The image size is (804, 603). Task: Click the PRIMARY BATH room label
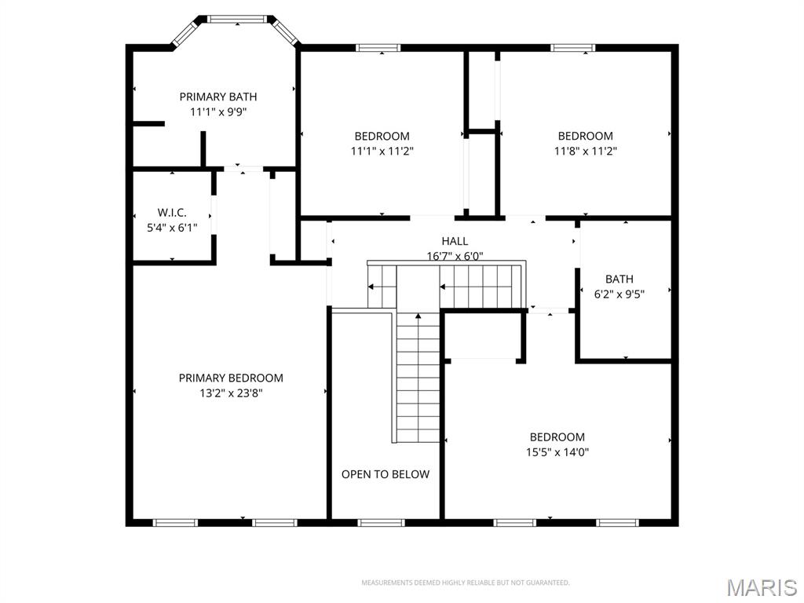[x=217, y=97]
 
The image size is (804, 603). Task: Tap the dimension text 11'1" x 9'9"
[x=217, y=111]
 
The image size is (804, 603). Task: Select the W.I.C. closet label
[x=172, y=213]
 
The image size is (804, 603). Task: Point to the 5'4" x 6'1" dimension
[x=172, y=228]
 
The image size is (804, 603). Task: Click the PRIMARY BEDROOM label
[x=231, y=378]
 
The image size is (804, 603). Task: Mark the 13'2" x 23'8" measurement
[x=231, y=393]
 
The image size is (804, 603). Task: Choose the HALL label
[x=454, y=241]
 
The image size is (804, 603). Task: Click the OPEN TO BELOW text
[x=386, y=474]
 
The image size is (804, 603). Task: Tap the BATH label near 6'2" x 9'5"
[x=619, y=279]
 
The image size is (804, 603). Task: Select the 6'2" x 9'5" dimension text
[x=619, y=294]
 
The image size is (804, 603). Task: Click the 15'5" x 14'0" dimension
[x=557, y=452]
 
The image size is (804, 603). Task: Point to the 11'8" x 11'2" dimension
[x=585, y=151]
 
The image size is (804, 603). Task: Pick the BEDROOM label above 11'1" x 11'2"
[x=382, y=136]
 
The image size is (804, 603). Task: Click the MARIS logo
[x=761, y=587]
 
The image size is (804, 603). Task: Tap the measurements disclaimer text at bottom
[x=465, y=583]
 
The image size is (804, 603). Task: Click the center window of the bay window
[x=236, y=19]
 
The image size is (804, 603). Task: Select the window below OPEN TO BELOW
[x=382, y=522]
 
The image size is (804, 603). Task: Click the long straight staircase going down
[x=418, y=377]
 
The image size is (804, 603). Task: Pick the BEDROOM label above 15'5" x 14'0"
[x=557, y=437]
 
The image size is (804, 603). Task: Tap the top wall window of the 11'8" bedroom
[x=572, y=48]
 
